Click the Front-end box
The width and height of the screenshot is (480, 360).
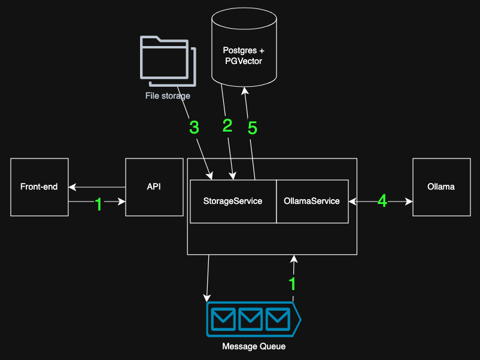[40, 187]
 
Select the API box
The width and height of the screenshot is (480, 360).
[154, 187]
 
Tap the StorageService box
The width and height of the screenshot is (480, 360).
[233, 201]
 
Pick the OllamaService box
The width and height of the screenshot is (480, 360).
[312, 201]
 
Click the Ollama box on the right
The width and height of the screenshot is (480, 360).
[441, 187]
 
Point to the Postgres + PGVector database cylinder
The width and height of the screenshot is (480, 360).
[244, 51]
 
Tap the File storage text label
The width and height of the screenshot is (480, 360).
[168, 96]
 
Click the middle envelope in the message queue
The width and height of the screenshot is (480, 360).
[251, 319]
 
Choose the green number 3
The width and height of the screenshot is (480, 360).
[194, 127]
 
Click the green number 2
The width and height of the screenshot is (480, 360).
[227, 126]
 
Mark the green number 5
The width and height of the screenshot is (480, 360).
[253, 128]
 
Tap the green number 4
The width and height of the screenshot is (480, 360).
[382, 202]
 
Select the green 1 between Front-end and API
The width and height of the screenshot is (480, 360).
[99, 205]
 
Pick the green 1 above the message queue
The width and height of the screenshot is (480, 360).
[293, 283]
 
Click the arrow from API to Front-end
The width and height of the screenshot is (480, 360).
[96, 187]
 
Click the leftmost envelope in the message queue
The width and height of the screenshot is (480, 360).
[223, 319]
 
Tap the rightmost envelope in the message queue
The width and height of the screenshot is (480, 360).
[278, 319]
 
